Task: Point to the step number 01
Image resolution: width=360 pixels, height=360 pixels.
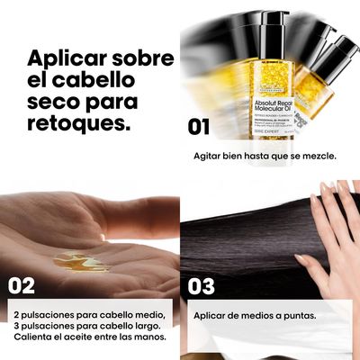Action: (x=199, y=127)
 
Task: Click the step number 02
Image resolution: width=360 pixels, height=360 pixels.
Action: (x=22, y=286)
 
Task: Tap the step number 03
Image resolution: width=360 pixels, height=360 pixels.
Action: (x=202, y=286)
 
